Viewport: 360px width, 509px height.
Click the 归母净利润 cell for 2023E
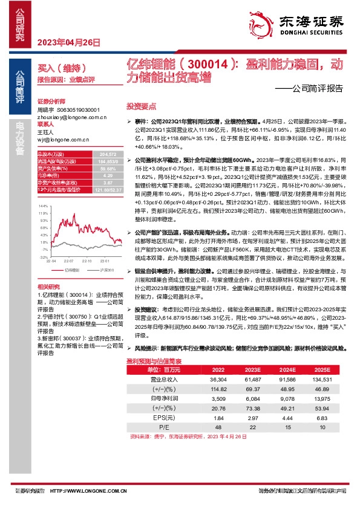pos(253,398)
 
